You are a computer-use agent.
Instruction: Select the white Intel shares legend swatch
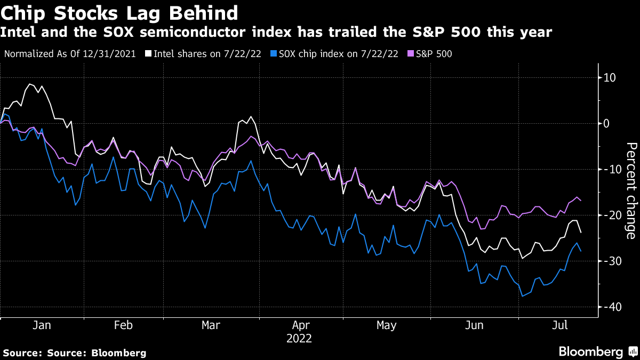150,54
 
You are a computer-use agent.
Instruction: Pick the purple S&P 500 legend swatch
411,54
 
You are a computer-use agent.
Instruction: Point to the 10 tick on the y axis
609,78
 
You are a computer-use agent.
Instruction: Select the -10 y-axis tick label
609,170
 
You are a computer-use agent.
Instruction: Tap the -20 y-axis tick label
609,215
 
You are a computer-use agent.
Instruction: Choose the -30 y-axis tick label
609,261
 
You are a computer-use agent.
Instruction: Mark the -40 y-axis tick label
609,307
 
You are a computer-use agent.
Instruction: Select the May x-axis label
386,325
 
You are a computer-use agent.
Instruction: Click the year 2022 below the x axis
299,339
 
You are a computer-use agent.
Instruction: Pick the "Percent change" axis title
630,190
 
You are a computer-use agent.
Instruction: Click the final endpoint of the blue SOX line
581,251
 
